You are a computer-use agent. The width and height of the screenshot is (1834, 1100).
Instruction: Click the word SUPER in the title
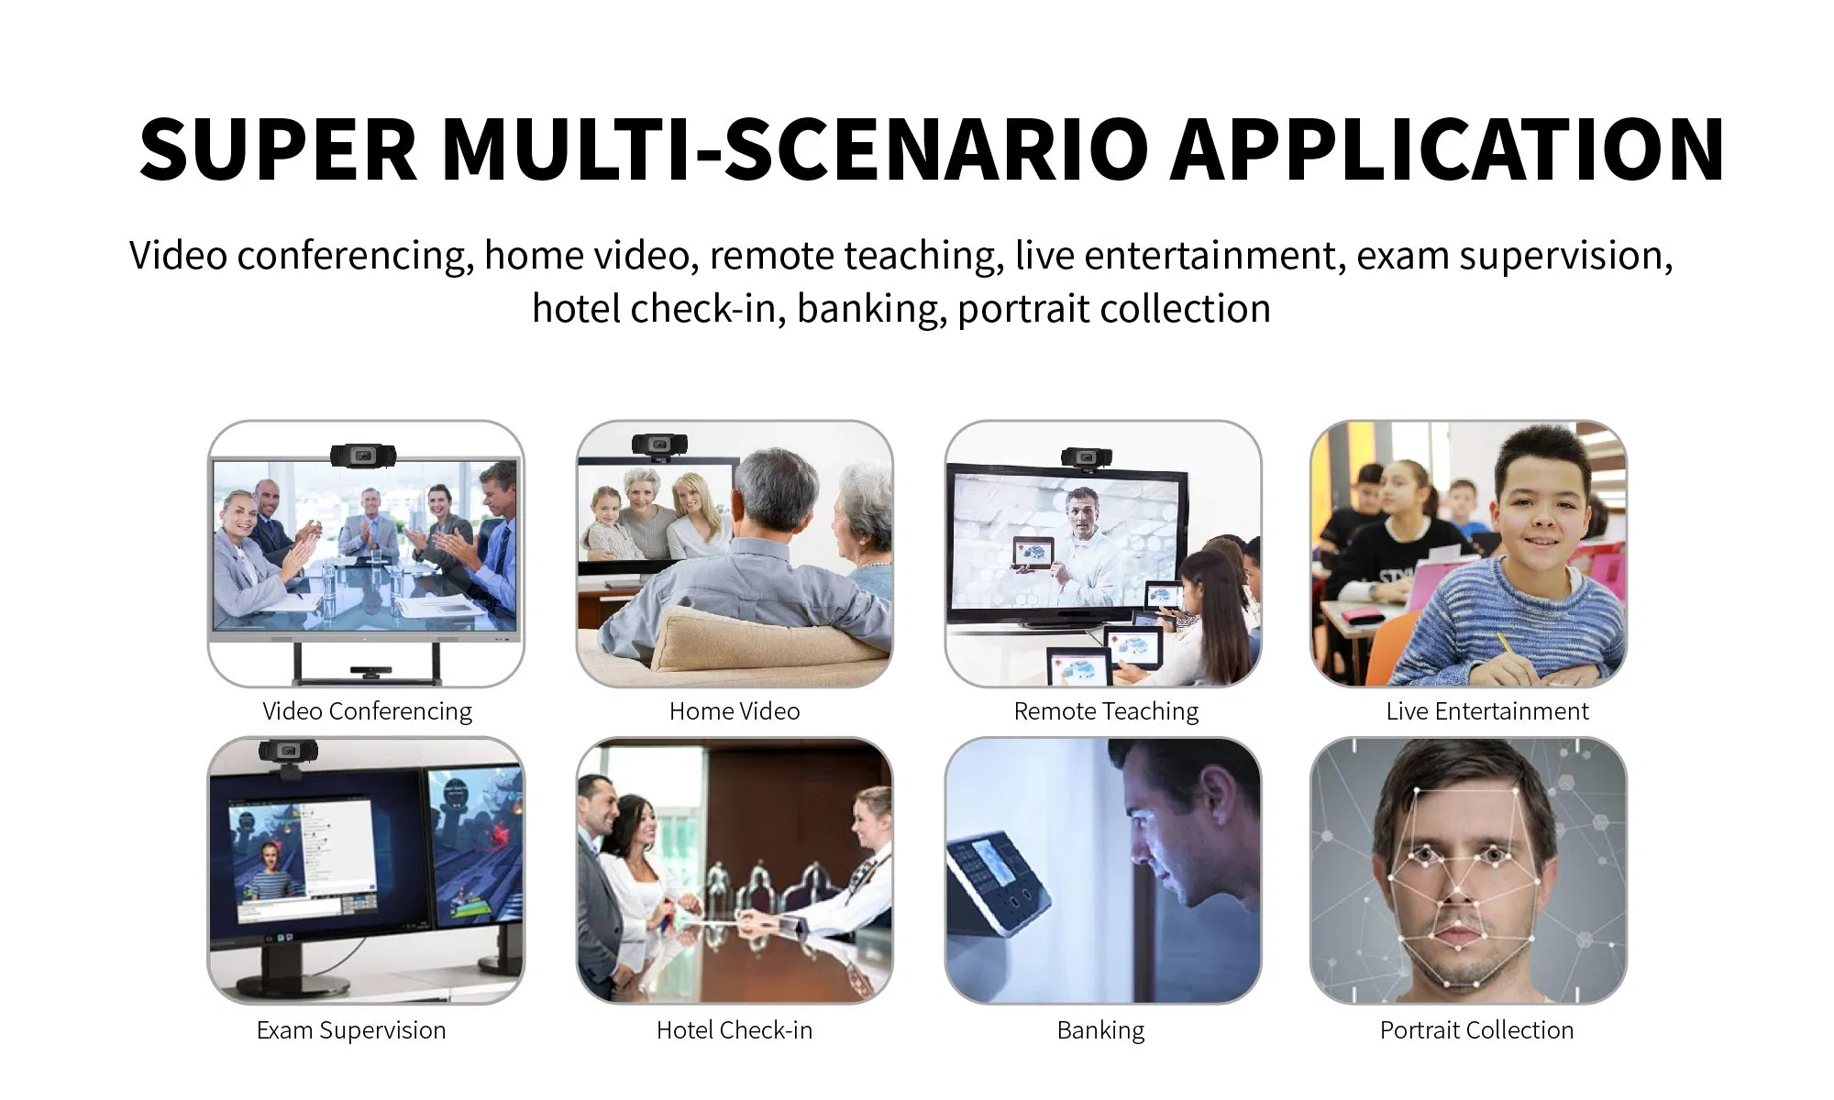click(279, 149)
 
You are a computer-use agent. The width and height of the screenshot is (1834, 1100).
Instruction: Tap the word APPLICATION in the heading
click(1448, 149)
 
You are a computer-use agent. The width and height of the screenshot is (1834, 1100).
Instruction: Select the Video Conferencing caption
click(367, 712)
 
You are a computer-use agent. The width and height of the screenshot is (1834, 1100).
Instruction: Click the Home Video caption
click(735, 711)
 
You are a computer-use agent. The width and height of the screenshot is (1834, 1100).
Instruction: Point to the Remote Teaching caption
click(1106, 712)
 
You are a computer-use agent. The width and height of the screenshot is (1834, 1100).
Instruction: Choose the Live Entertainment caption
click(1487, 711)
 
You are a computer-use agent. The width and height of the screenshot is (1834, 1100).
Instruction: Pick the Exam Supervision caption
click(351, 1031)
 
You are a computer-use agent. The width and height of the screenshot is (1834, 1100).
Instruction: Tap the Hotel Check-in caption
click(735, 1030)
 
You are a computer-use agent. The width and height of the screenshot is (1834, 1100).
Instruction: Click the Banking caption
click(1100, 1031)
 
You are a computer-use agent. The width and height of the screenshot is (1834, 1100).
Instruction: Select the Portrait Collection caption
click(1476, 1030)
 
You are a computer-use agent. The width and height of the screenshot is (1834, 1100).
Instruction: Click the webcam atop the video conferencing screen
click(364, 455)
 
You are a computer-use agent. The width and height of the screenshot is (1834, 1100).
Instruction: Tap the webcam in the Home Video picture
click(658, 445)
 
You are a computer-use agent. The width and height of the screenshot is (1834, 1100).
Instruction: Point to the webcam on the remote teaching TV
click(1087, 457)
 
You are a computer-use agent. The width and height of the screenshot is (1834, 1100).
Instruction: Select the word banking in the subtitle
click(871, 310)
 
